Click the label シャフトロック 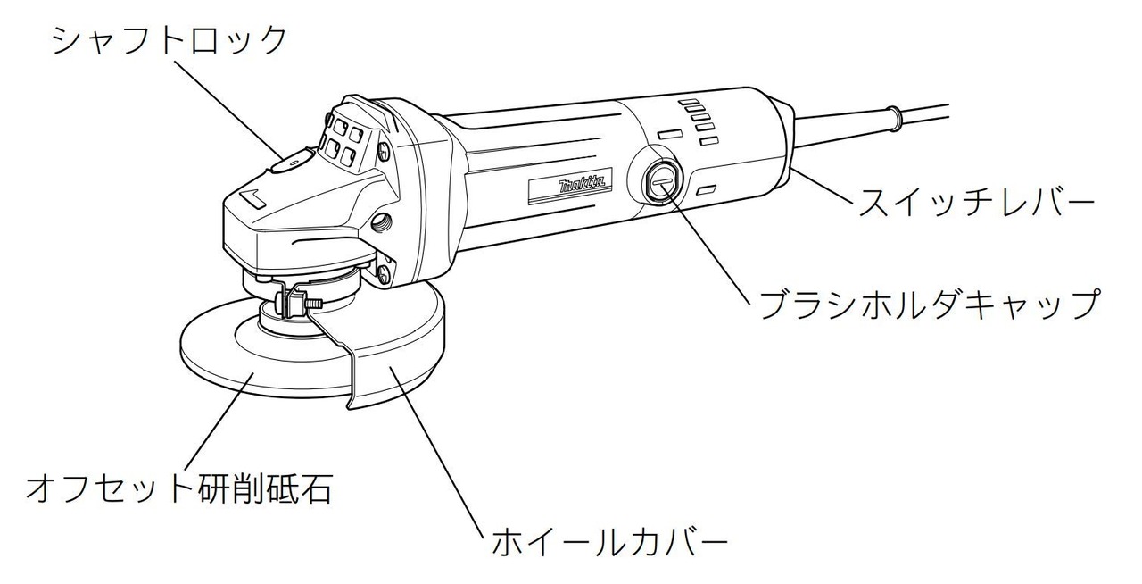pyautogui.click(x=170, y=40)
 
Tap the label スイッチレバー pyautogui.click(x=976, y=202)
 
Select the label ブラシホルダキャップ pyautogui.click(x=930, y=305)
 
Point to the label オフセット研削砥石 pyautogui.click(x=179, y=488)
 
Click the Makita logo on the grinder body pyautogui.click(x=583, y=185)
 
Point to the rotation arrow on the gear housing pyautogui.click(x=253, y=198)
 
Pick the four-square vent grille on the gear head pyautogui.click(x=345, y=142)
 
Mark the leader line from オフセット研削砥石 pyautogui.click(x=219, y=421)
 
